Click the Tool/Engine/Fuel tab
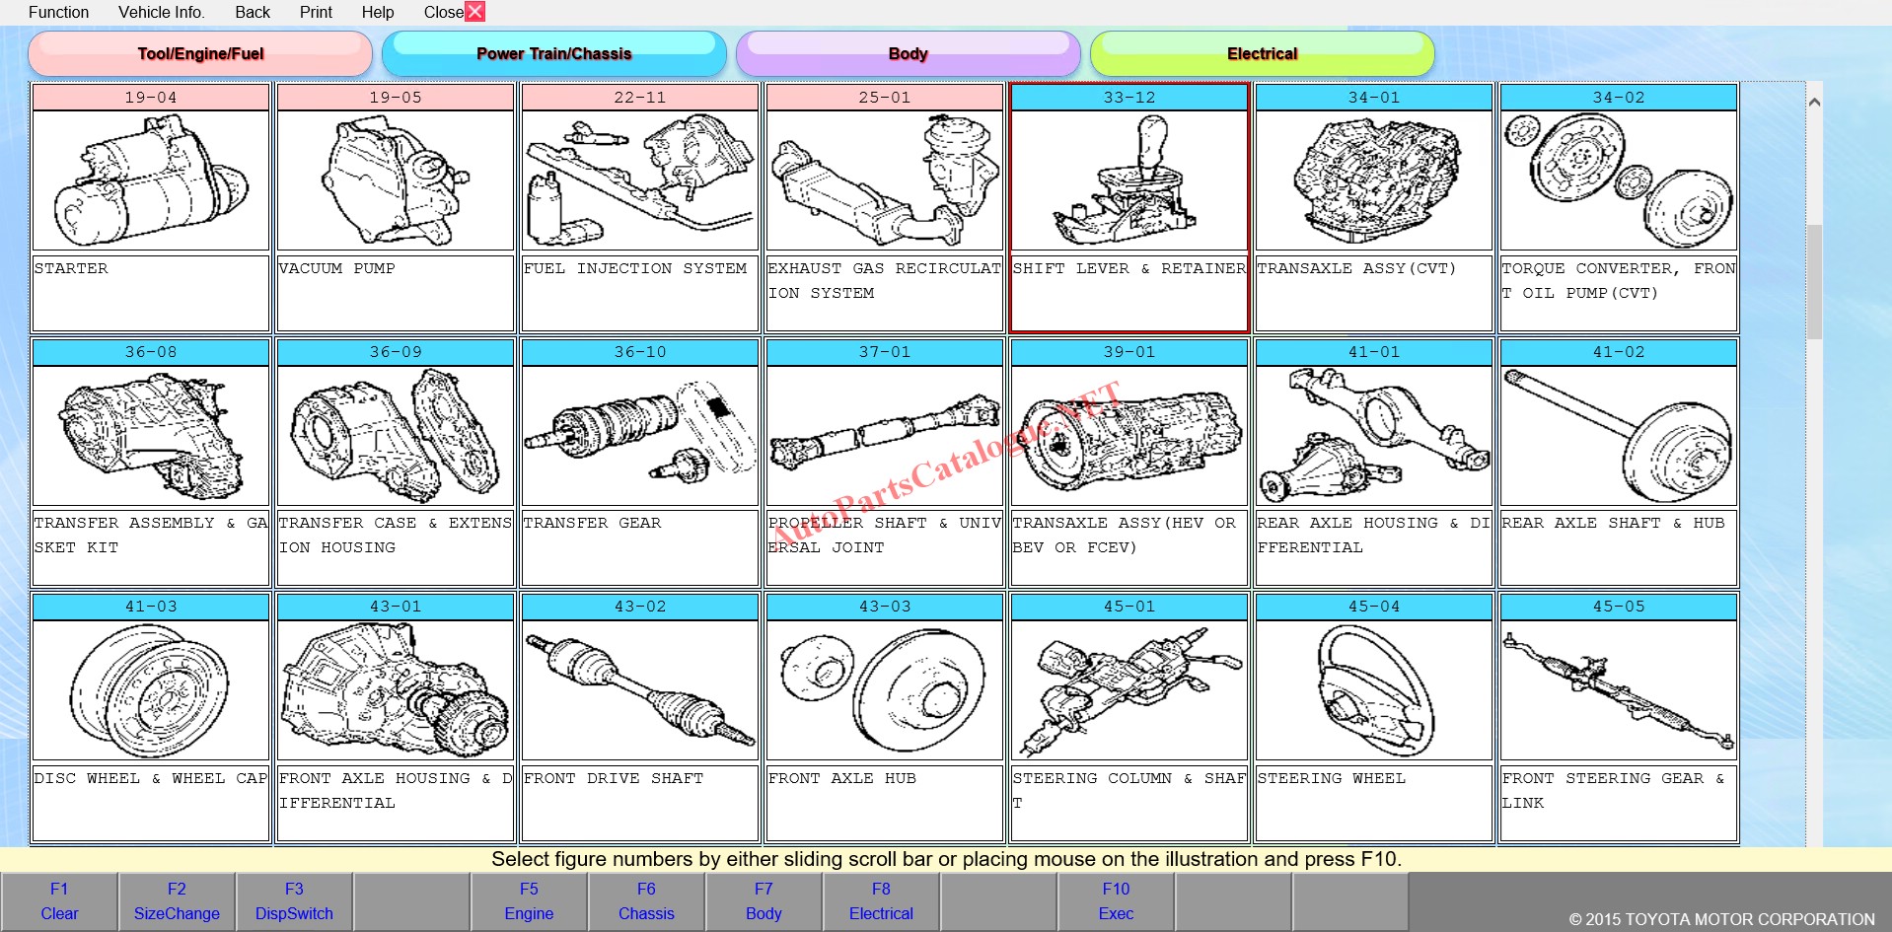200,53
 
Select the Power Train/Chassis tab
553,53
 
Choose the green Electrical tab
1262,53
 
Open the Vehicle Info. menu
162,12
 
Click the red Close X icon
474,12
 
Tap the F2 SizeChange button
177,901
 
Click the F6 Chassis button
646,901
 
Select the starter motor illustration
151,179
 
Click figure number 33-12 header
1129,98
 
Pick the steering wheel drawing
1374,690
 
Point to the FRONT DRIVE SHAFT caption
614,778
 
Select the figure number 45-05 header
1619,607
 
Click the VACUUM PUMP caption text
337,268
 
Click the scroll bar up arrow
1813,102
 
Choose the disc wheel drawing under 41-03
150,690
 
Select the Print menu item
316,12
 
